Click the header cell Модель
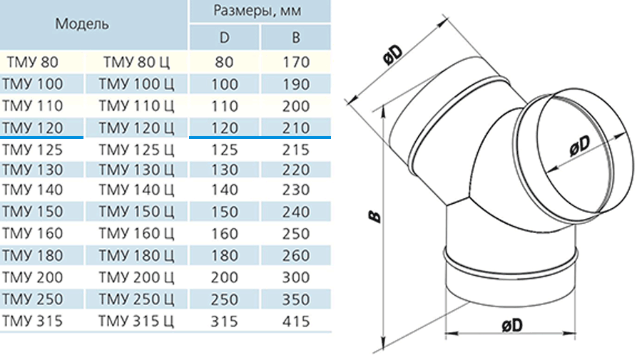point(82,24)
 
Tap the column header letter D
point(225,38)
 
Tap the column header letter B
point(296,38)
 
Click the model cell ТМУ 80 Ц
point(136,62)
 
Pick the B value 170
point(296,62)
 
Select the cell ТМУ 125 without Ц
point(33,150)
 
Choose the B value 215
point(296,150)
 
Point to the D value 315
point(225,321)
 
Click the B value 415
point(296,321)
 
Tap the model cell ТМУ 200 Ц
point(136,277)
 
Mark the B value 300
point(296,277)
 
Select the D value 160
point(225,234)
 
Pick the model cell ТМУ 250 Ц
point(136,299)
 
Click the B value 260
point(296,256)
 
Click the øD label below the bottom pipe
point(512,326)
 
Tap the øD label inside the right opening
point(580,145)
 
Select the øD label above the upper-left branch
point(394,54)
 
